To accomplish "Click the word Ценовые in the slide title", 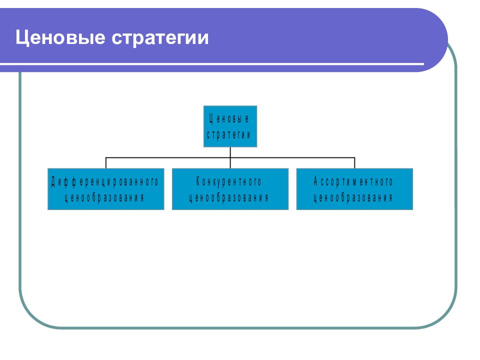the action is [x=60, y=38].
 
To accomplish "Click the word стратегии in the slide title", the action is [x=160, y=39].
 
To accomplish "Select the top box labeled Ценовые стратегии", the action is [x=230, y=126].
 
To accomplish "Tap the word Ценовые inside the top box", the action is [x=229, y=119].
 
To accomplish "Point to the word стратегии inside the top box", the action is [x=228, y=134].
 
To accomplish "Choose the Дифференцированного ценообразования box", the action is [x=106, y=189].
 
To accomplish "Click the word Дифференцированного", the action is [x=104, y=181].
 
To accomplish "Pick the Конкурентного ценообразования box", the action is [x=230, y=189].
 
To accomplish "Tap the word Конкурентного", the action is [x=228, y=181].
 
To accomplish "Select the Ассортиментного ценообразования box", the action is [x=354, y=189].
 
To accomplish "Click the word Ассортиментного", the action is [x=353, y=181].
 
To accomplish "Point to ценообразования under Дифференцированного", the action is [x=104, y=198].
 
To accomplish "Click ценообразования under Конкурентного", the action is [x=228, y=198].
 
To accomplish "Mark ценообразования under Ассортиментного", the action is [x=353, y=198].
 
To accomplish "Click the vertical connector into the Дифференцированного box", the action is [x=106, y=163].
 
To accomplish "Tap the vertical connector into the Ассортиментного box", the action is [x=354, y=163].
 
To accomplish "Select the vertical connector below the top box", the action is [x=230, y=157].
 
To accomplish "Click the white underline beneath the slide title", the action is [x=212, y=64].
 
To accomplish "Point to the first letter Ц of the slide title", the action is [x=21, y=38].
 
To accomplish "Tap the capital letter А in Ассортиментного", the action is [x=316, y=181].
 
